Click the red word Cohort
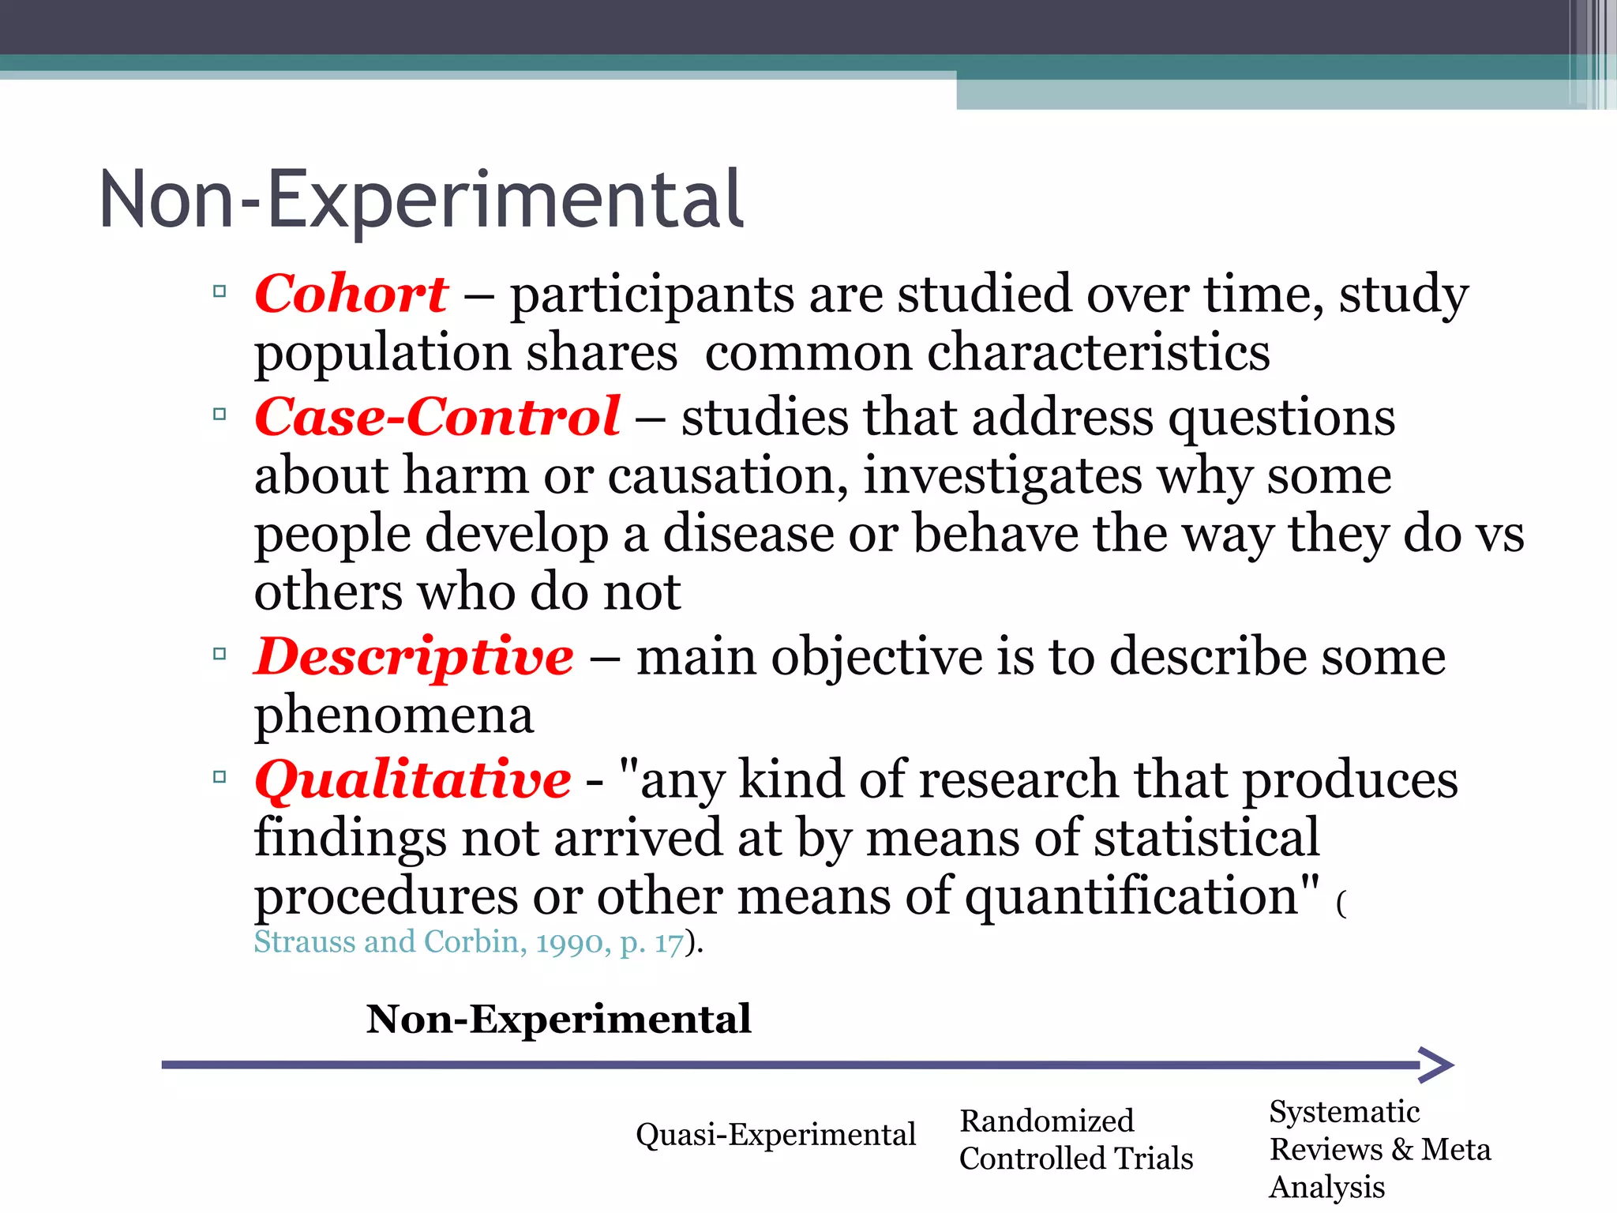click(351, 294)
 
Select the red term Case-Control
click(437, 417)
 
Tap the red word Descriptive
click(414, 657)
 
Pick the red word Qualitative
click(412, 780)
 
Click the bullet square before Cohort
click(219, 291)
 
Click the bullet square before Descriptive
click(219, 654)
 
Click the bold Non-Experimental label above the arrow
click(558, 1019)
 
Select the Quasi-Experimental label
click(775, 1135)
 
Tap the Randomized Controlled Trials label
click(1075, 1140)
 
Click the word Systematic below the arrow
click(1344, 1112)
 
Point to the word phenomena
click(393, 715)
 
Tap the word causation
click(726, 476)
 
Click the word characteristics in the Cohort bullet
click(1097, 352)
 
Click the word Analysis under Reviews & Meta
click(1326, 1187)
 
